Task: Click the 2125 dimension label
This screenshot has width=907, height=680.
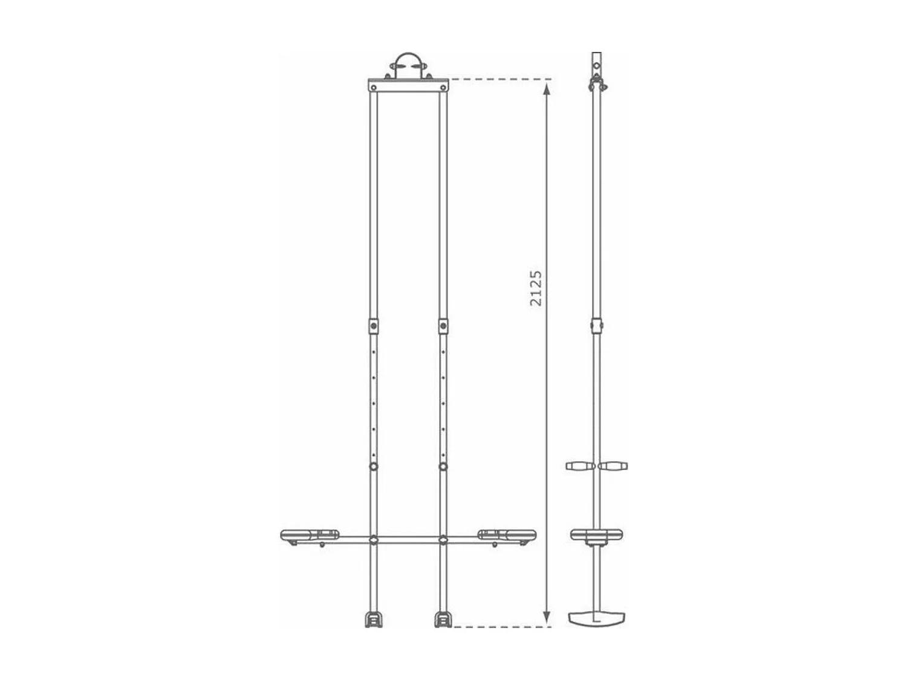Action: coord(535,288)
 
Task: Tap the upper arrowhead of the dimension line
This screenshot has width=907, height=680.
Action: coord(546,88)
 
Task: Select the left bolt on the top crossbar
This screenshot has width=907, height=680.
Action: coord(374,87)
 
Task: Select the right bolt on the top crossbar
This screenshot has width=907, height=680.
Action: coord(443,87)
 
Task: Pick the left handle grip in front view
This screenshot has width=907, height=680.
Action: coord(310,536)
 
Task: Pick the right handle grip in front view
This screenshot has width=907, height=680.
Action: coord(507,536)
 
